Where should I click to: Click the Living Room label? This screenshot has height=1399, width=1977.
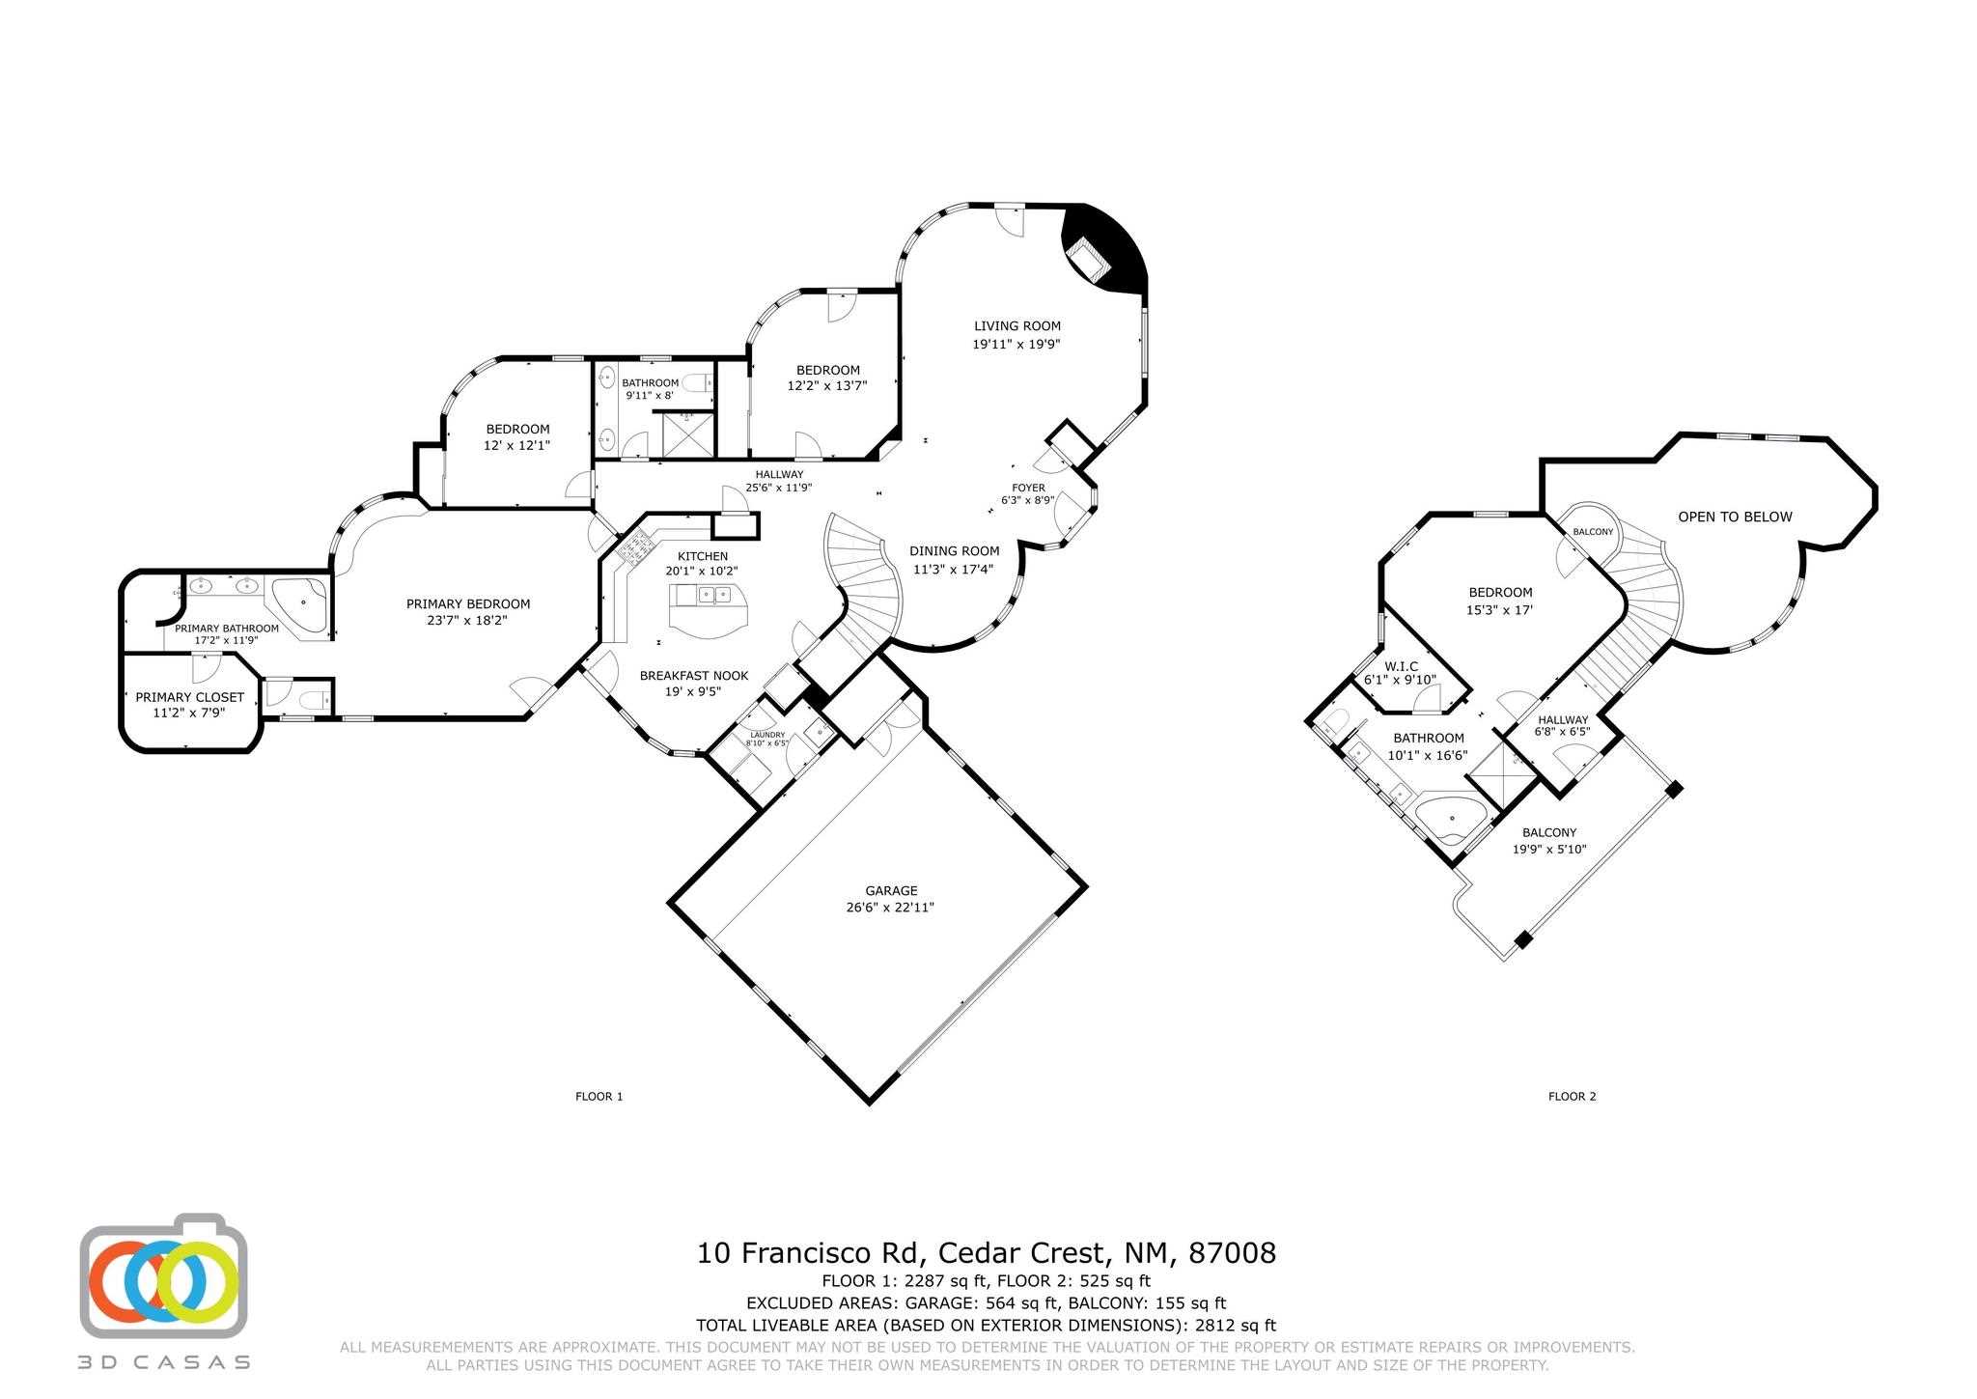click(1016, 326)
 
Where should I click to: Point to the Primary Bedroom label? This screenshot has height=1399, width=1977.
click(467, 604)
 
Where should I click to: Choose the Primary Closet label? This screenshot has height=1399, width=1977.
click(189, 697)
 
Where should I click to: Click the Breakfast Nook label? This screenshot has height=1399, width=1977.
click(693, 676)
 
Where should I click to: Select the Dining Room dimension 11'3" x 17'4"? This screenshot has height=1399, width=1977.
click(955, 569)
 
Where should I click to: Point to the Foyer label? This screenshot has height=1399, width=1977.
click(1028, 488)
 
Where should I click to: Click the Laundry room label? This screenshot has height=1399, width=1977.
click(766, 735)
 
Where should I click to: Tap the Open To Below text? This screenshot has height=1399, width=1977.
click(1734, 517)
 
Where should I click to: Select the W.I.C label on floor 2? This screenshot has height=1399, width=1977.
click(1400, 666)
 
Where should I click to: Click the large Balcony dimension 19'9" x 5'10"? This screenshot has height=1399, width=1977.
click(1548, 850)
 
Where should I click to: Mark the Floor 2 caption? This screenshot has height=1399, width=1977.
click(1572, 1096)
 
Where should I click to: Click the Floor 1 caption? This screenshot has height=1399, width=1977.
click(599, 1096)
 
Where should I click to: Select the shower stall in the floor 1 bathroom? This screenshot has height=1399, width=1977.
click(686, 434)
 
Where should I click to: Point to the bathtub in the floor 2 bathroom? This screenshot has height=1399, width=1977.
click(1451, 817)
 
